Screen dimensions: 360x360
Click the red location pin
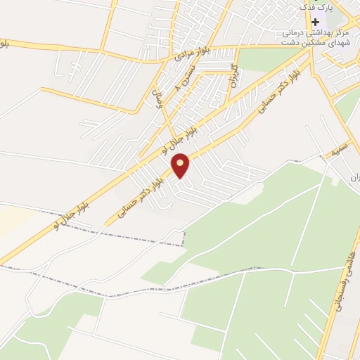tap(181, 165)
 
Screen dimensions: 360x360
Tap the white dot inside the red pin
tap(181, 162)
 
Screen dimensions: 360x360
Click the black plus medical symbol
tap(316, 22)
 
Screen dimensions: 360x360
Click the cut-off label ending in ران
tap(354, 177)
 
